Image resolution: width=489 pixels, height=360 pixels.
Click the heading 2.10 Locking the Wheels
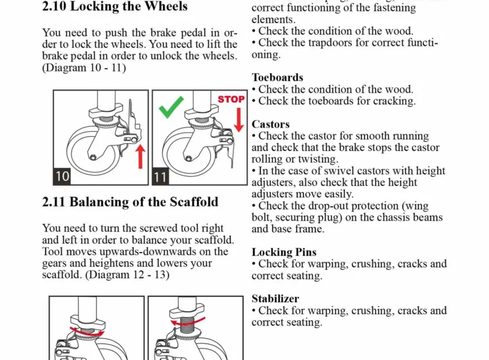click(x=115, y=7)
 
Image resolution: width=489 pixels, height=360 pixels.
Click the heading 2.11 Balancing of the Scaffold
click(x=130, y=202)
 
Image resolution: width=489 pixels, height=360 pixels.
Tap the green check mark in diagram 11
click(x=171, y=105)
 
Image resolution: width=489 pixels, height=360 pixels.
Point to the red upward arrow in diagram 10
click(x=140, y=157)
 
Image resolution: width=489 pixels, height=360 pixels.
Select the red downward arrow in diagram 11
click(x=238, y=119)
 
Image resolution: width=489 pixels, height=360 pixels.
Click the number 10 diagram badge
click(x=62, y=175)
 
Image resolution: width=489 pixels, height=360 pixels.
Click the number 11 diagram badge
click(x=161, y=175)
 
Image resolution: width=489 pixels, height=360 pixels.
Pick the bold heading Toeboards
click(x=277, y=78)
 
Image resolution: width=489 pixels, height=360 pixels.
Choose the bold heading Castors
click(x=270, y=124)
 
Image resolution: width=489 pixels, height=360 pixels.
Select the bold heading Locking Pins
click(x=284, y=252)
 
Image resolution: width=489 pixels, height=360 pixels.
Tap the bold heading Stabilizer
click(x=275, y=298)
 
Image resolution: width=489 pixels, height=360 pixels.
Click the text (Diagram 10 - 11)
click(x=84, y=67)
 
